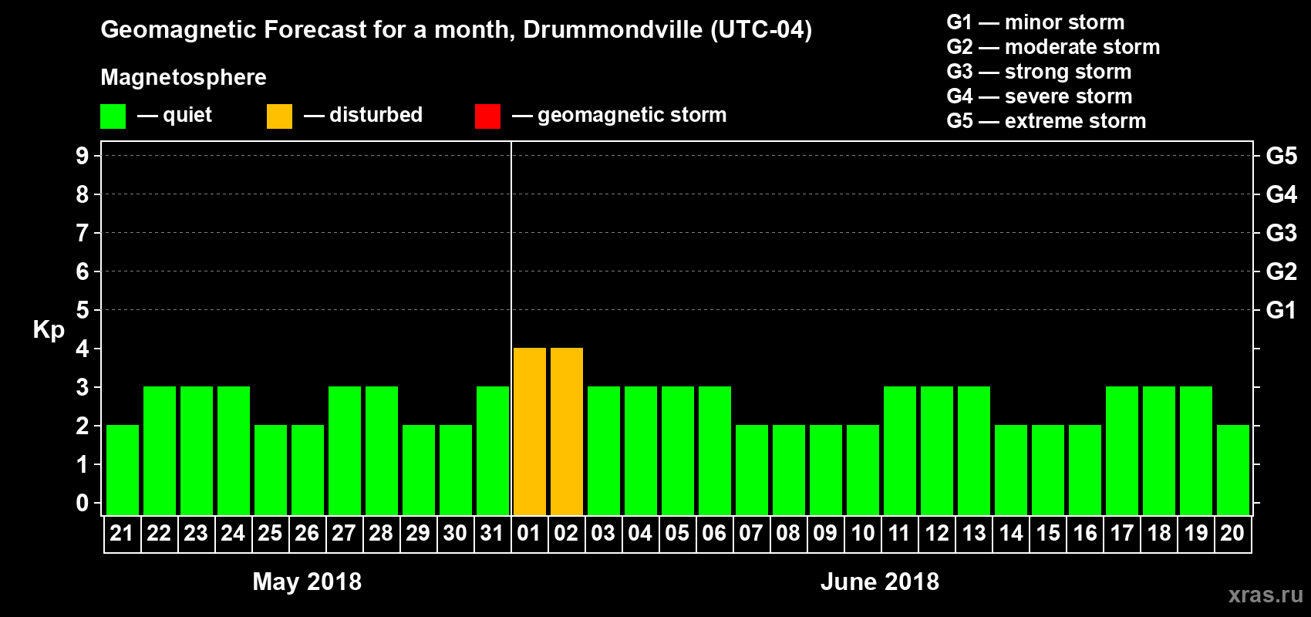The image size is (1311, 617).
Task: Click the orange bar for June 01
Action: point(530,431)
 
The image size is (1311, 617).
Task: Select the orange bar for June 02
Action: point(567,431)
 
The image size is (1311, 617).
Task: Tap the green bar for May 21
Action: point(123,470)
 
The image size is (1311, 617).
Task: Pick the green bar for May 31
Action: point(493,450)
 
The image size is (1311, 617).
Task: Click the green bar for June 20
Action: point(1233,470)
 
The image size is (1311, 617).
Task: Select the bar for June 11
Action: point(900,450)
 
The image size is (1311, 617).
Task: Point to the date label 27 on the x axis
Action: point(344,533)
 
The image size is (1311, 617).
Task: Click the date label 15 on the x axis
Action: point(1048,533)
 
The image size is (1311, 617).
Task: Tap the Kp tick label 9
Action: point(83,156)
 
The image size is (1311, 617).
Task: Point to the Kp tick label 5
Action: point(83,310)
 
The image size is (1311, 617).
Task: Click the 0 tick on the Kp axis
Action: point(83,503)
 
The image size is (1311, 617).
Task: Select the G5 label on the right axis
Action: point(1281,156)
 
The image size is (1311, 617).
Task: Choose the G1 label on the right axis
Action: point(1281,310)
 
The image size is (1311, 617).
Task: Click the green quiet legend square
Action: point(113,116)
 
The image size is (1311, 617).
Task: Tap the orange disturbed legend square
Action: point(280,116)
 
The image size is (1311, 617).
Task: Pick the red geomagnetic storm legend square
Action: point(488,116)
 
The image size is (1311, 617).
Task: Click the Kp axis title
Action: point(49,329)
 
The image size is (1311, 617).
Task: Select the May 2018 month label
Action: point(307,582)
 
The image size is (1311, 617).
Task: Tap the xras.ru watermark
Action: point(1266,595)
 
